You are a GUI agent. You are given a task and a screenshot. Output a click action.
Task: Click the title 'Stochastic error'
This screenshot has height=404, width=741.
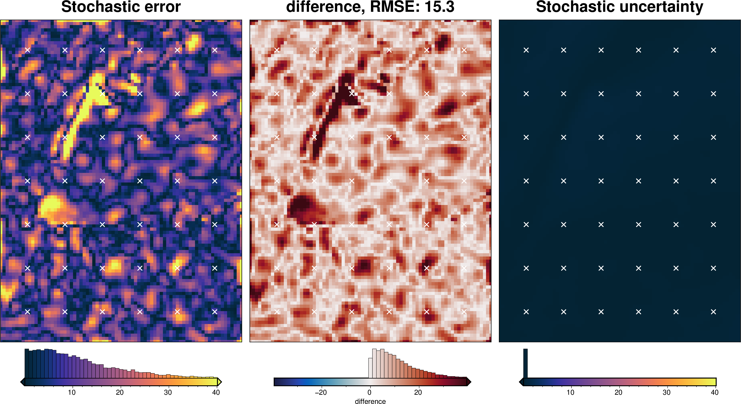121,7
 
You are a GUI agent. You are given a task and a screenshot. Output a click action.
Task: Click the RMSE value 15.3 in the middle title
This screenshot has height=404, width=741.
439,7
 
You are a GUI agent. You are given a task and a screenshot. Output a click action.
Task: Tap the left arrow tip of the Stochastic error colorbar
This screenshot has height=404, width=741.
22,382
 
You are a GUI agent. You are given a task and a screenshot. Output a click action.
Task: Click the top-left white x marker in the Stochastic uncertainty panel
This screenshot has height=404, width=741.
526,50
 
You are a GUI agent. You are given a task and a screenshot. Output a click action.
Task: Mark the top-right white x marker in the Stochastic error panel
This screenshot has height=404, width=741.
215,50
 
